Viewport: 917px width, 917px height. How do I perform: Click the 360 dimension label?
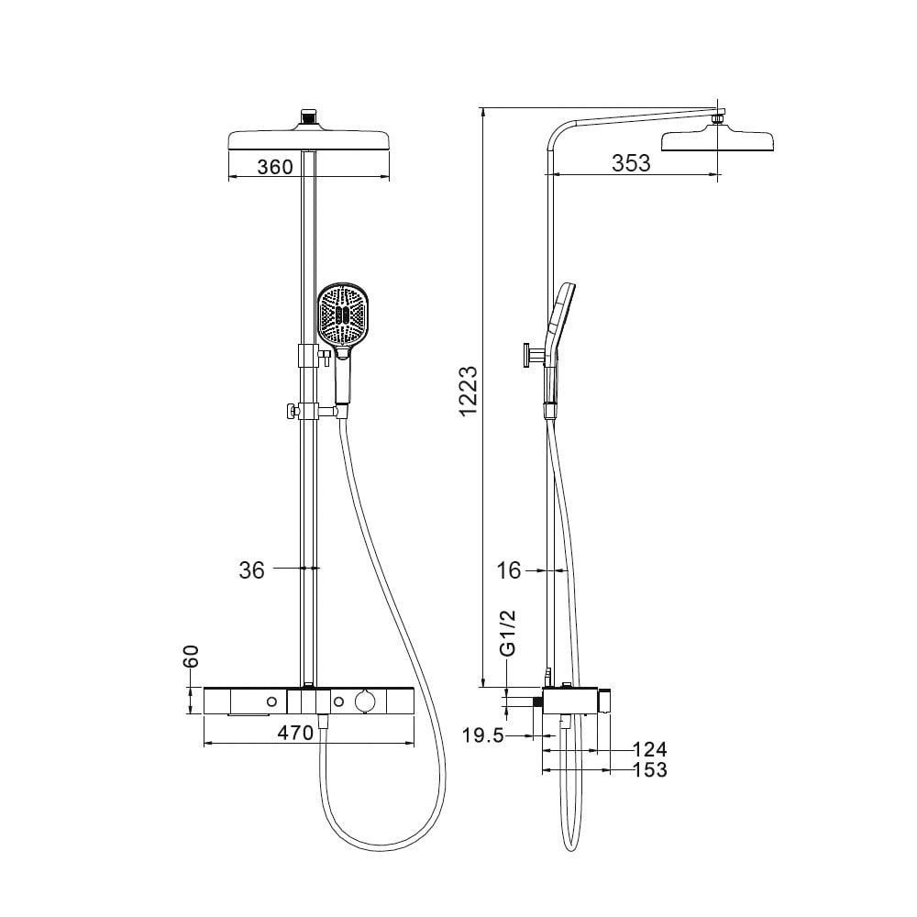click(275, 167)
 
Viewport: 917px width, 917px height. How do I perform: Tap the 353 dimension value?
click(631, 163)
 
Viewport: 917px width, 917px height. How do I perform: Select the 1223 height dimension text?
click(469, 392)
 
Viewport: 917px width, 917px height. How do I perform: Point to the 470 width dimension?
click(295, 733)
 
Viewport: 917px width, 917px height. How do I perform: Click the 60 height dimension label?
click(191, 657)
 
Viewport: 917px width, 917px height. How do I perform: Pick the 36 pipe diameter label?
click(251, 570)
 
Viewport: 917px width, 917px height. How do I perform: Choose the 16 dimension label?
click(508, 570)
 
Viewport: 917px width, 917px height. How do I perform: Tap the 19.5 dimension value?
click(483, 735)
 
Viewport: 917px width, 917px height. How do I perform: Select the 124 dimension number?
click(650, 749)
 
